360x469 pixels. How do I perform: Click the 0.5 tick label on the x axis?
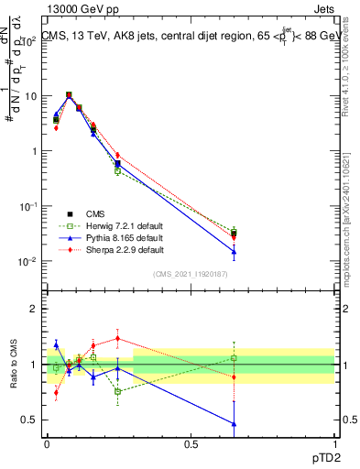(191, 443)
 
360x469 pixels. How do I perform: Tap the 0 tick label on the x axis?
(47, 443)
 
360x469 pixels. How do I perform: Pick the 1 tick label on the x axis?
(334, 443)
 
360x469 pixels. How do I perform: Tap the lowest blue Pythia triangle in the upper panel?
(235, 252)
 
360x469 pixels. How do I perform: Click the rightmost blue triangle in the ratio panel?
(235, 424)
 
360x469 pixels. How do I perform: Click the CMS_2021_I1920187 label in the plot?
(190, 274)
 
